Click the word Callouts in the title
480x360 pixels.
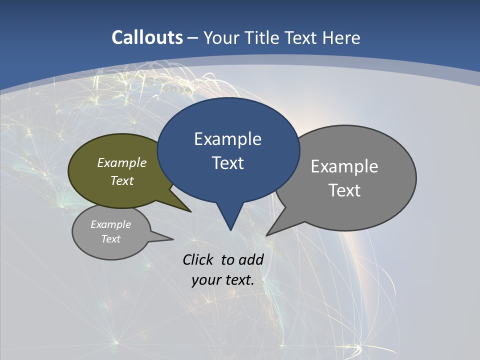pos(147,37)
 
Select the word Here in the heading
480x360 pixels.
pos(341,37)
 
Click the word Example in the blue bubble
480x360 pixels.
pos(227,139)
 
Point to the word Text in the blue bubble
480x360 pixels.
pos(227,163)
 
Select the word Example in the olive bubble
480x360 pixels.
pos(122,162)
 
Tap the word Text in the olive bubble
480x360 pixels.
pos(122,180)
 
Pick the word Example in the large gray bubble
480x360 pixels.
pos(344,166)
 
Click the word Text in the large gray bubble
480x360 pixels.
pos(344,190)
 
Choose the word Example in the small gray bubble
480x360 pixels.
pos(110,224)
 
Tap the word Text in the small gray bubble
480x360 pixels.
pos(110,239)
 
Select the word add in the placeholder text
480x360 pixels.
pos(251,259)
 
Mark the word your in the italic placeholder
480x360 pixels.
pos(205,280)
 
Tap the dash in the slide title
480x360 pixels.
pos(193,37)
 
